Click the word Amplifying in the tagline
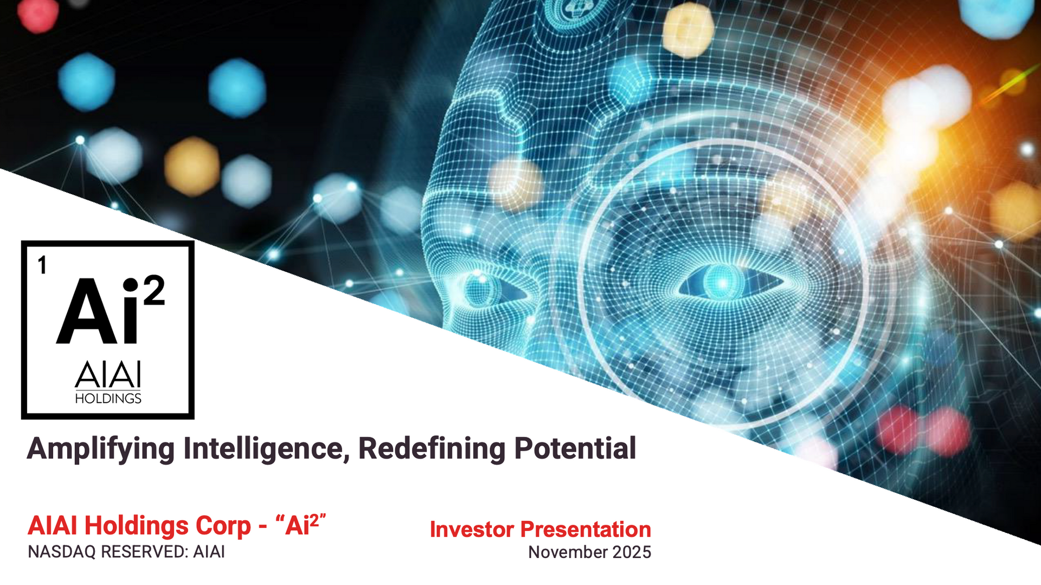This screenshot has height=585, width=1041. coord(101,449)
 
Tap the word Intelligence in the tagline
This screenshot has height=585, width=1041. coord(266,449)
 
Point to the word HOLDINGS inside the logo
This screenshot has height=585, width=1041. coord(108,399)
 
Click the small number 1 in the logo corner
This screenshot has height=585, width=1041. coord(42,266)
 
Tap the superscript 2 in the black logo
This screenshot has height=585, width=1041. coord(154,290)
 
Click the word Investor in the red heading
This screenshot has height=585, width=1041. coord(472,530)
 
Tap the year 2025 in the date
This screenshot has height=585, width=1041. coord(632,552)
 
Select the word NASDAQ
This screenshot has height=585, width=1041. coord(62,552)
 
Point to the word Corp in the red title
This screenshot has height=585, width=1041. coord(223,526)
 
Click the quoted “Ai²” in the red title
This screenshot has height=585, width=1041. coord(301,525)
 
